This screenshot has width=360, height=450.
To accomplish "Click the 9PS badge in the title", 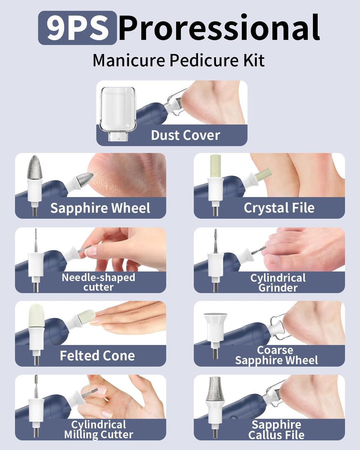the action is point(77,28).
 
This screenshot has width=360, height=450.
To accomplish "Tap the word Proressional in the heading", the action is point(219,28).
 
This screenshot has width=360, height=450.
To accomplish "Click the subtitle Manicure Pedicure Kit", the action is point(179,60).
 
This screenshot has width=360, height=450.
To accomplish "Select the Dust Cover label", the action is point(186,135).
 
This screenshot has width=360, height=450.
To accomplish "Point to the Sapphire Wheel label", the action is point(100,208).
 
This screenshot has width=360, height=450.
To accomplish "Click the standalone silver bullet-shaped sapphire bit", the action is point(35,167).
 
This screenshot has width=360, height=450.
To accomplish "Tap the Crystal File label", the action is point(279,208).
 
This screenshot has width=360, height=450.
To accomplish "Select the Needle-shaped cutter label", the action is point(98,282).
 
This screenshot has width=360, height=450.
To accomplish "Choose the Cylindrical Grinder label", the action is point(278,283).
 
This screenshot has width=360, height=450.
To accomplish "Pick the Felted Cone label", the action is point(97,356).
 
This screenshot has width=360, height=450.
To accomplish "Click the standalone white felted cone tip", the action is point(36,316).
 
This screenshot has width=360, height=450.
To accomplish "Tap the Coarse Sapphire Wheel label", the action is point(276,355).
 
